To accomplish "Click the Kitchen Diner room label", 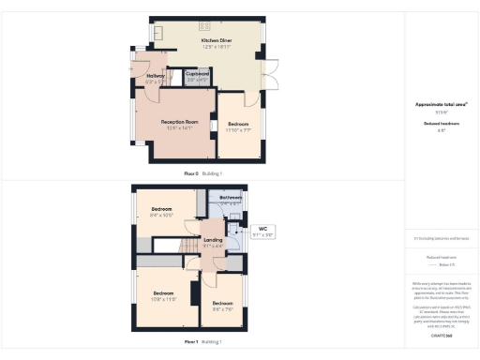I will (x=215, y=41).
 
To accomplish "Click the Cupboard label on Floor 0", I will (x=197, y=72).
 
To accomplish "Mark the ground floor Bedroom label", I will (x=238, y=124).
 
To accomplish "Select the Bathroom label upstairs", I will (x=231, y=198).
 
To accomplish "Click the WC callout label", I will (x=262, y=229).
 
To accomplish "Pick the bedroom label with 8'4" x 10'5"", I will (x=162, y=209).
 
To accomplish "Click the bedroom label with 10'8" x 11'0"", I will (x=165, y=292).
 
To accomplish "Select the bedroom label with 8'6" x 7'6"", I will (x=222, y=303).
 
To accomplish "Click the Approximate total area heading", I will (x=441, y=104).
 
